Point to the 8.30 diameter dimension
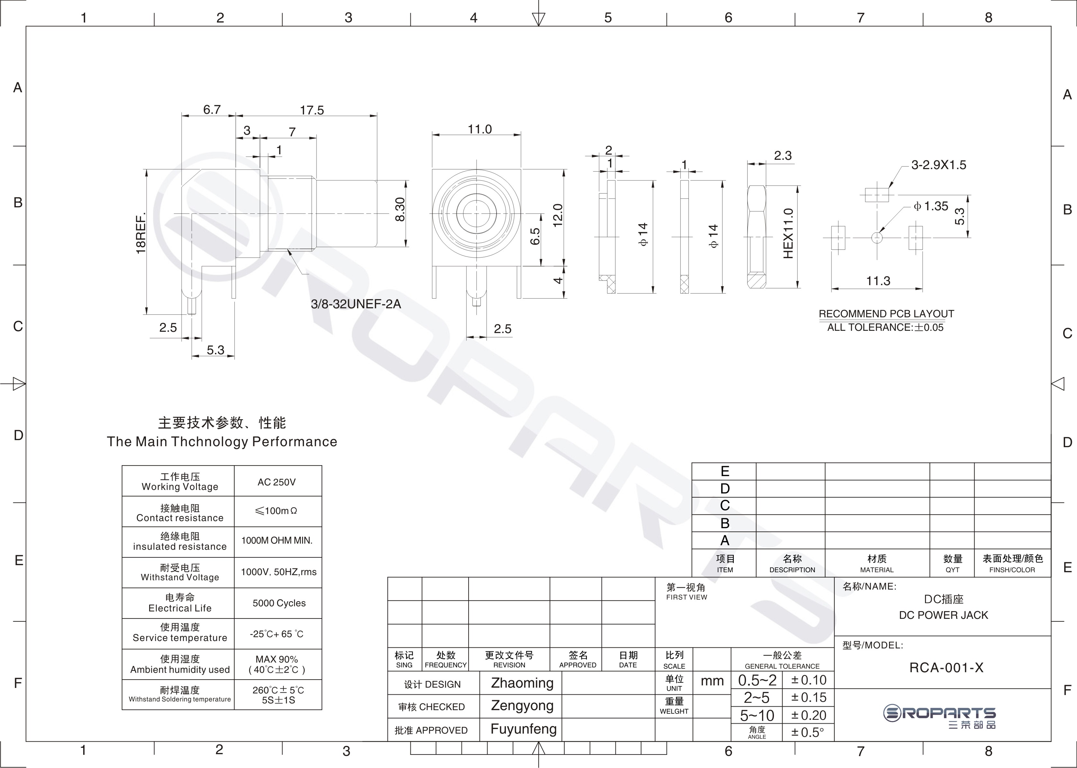point(400,210)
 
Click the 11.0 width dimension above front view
point(480,129)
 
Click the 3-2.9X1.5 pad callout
point(938,165)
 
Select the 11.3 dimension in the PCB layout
point(878,281)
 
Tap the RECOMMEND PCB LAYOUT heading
point(886,313)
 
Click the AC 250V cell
point(277,482)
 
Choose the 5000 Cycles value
point(279,603)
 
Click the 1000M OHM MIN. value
point(277,540)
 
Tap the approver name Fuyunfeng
point(523,729)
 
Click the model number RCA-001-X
point(946,667)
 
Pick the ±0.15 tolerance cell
point(808,698)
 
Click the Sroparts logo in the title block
point(939,717)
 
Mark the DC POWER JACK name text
point(943,615)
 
